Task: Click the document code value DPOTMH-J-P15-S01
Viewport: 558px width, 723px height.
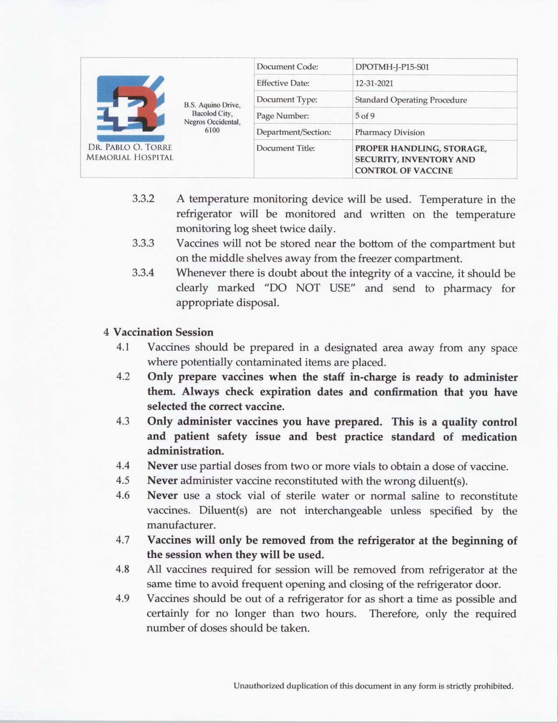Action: (x=392, y=67)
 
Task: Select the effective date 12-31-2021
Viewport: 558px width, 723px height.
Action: (x=374, y=83)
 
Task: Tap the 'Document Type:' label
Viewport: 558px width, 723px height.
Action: (x=287, y=99)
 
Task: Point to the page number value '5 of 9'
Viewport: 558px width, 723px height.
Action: (x=365, y=116)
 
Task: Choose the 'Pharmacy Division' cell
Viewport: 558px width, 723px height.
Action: (x=390, y=132)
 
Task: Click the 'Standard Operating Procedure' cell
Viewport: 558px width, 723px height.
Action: (x=411, y=100)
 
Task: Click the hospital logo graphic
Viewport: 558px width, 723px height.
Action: (x=130, y=107)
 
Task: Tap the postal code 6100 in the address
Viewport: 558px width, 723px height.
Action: (x=212, y=131)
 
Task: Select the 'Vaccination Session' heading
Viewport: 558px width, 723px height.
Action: (x=163, y=332)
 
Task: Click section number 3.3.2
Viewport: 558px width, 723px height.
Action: (x=143, y=199)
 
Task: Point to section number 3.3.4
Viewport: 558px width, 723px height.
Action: (x=143, y=273)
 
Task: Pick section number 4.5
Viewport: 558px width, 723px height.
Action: (x=123, y=481)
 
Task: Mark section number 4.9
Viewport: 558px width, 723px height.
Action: (x=123, y=599)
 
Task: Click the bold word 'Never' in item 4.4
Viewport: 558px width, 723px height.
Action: (x=162, y=466)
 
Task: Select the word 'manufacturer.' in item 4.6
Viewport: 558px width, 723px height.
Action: (x=181, y=525)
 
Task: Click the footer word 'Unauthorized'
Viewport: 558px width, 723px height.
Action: (x=258, y=686)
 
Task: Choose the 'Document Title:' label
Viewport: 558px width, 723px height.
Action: (x=285, y=149)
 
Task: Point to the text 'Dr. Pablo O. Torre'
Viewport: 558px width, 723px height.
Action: (x=130, y=147)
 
